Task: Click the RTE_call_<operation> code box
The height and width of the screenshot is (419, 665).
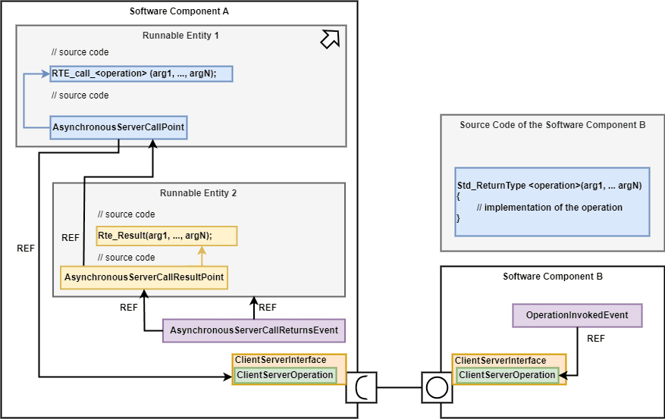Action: [x=141, y=73]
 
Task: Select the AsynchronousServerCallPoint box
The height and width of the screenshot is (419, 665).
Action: [x=118, y=127]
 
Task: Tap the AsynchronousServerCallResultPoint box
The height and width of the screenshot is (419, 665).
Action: [x=144, y=277]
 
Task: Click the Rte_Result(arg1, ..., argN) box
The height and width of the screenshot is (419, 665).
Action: [x=167, y=236]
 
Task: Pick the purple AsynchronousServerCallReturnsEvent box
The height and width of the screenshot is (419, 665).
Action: [x=253, y=330]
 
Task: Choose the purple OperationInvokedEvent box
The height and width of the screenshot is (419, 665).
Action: [x=577, y=315]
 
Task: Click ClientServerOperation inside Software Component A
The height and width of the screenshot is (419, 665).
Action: [x=284, y=375]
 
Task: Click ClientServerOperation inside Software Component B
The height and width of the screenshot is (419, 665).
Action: [x=507, y=375]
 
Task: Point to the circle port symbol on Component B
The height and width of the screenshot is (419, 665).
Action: [x=437, y=388]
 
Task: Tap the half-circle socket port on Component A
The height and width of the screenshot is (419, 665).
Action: [x=361, y=388]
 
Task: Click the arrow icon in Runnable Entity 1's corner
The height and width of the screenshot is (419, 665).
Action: [x=330, y=39]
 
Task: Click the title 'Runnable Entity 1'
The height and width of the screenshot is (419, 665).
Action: [x=180, y=35]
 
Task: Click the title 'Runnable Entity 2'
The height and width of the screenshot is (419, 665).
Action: [x=198, y=193]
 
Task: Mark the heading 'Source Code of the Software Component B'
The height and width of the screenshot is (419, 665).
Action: [x=552, y=125]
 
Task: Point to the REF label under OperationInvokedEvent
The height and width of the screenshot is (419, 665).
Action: [x=596, y=339]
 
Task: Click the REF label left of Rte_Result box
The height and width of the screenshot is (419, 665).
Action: [x=70, y=238]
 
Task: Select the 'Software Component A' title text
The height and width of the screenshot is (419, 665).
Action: [x=179, y=11]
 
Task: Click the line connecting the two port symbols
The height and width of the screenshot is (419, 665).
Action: [x=399, y=388]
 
